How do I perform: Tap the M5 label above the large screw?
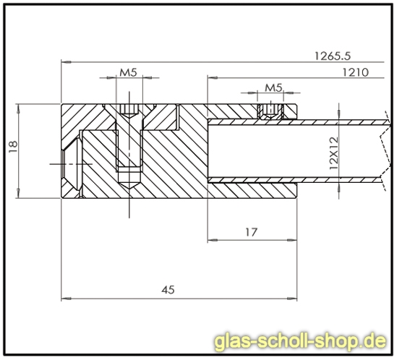tap(128, 72)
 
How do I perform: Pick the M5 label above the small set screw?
tap(273, 87)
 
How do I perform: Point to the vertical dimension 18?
tap(11, 147)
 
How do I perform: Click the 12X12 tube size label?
tap(333, 153)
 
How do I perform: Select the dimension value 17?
tap(251, 232)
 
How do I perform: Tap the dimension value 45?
tap(168, 289)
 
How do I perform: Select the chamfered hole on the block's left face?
tap(71, 164)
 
